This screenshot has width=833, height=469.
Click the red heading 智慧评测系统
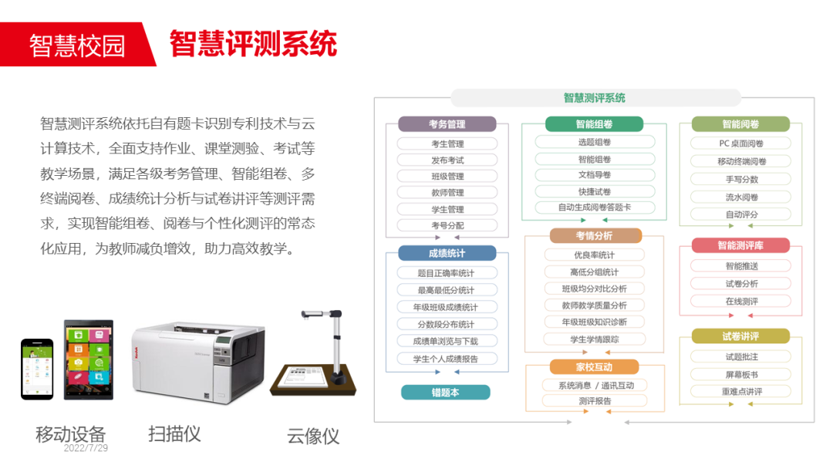pyautogui.click(x=253, y=44)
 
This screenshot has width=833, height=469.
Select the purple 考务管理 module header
pyautogui.click(x=447, y=124)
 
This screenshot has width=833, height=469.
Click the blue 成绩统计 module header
pyautogui.click(x=447, y=253)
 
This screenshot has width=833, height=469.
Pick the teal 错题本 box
pyautogui.click(x=445, y=392)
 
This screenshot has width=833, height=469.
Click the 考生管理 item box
pyautogui.click(x=447, y=143)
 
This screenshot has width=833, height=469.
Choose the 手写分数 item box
pyautogui.click(x=741, y=179)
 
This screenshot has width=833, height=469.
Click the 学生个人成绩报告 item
pyautogui.click(x=447, y=359)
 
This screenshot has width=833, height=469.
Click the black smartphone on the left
pyautogui.click(x=37, y=369)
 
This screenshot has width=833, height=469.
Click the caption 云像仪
pyautogui.click(x=312, y=436)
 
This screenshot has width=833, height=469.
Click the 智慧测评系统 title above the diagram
pyautogui.click(x=594, y=98)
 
